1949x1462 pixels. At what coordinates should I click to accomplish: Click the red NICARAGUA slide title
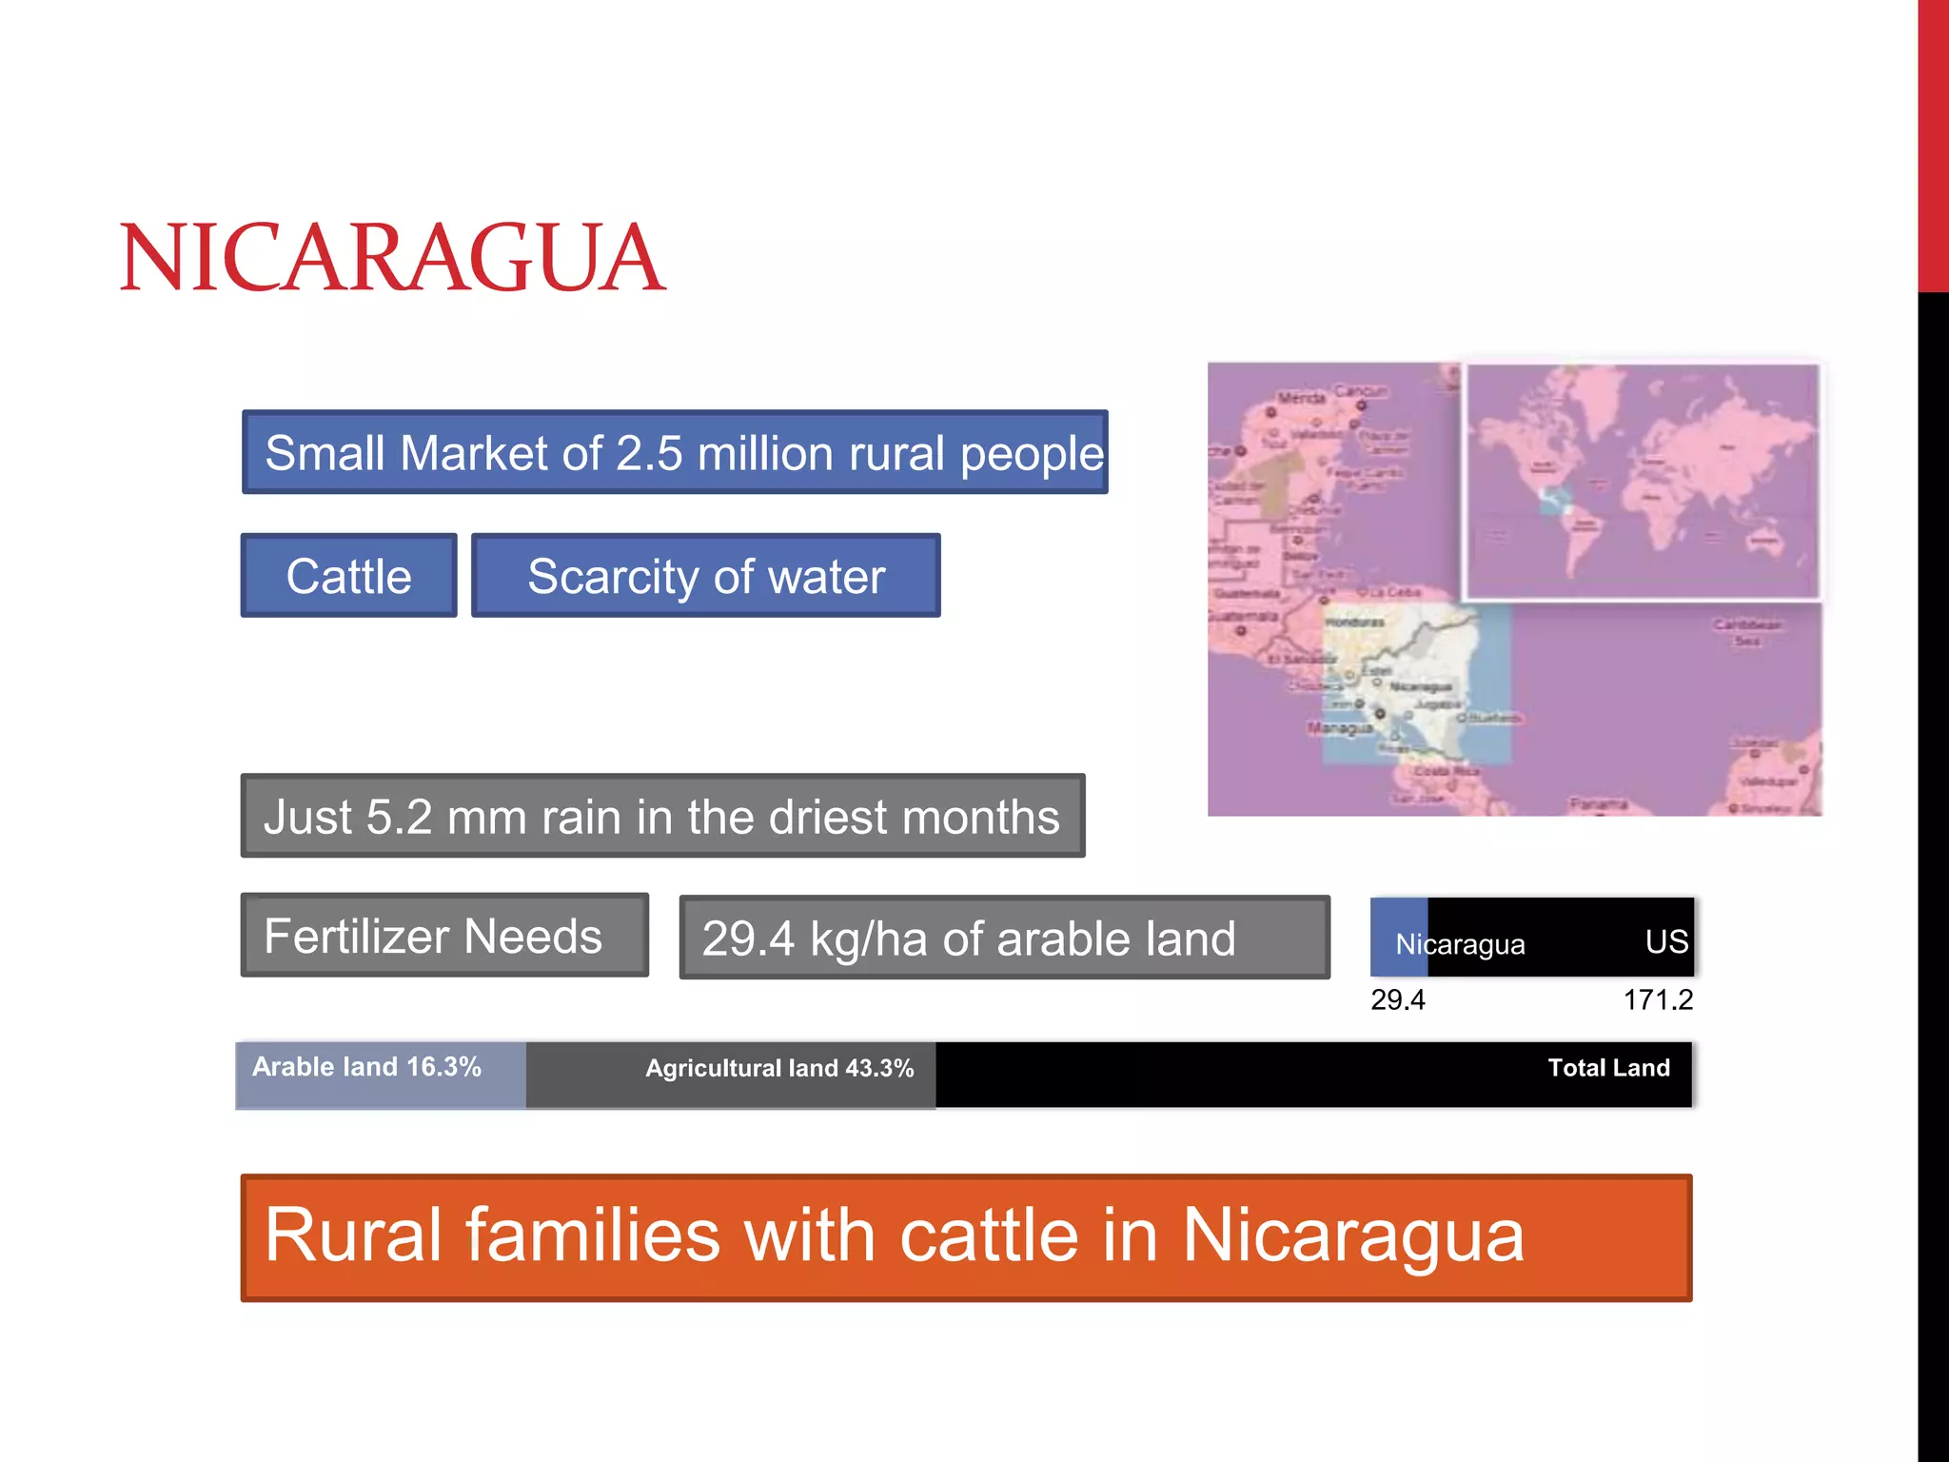click(392, 258)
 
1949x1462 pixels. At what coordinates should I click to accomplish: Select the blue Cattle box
click(348, 576)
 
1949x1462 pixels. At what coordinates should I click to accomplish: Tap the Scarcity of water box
click(705, 576)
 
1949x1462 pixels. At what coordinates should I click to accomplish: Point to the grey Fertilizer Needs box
click(444, 936)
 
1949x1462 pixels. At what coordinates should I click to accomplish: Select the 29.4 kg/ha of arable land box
click(1004, 938)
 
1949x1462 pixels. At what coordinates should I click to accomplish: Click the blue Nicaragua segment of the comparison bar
click(1399, 938)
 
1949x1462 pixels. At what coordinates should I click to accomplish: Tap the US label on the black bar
click(1666, 941)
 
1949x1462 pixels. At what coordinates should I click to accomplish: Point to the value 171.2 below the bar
click(1658, 999)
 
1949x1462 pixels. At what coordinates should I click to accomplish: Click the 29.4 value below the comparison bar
click(1398, 999)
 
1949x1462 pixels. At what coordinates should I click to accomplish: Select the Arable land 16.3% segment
click(381, 1075)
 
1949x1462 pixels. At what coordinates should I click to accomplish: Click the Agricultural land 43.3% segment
click(731, 1075)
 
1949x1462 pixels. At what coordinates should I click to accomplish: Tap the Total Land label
click(1608, 1068)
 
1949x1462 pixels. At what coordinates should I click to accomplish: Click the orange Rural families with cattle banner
click(966, 1237)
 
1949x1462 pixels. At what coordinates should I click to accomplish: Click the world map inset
click(1642, 481)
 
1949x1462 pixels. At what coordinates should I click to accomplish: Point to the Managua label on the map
click(1340, 728)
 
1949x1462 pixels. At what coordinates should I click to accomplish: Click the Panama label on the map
click(1598, 804)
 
